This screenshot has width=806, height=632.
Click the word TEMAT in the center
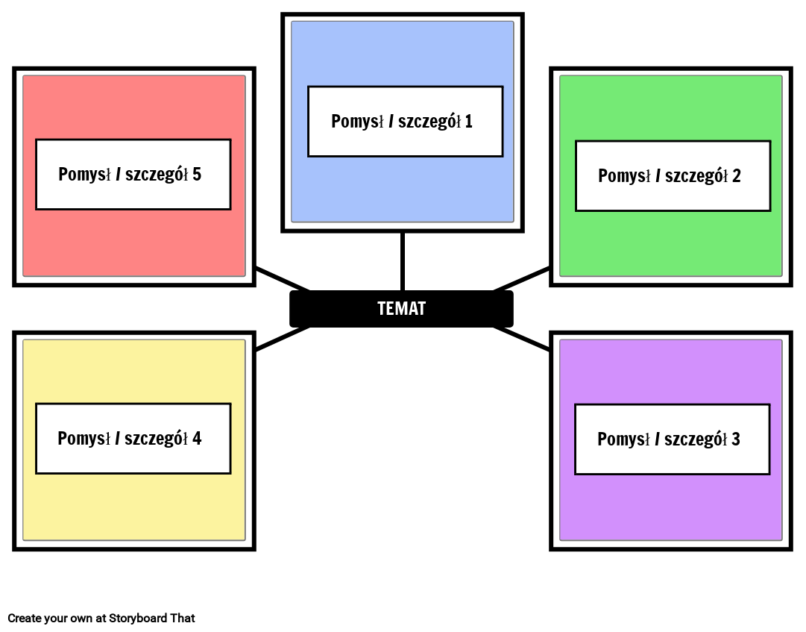(401, 309)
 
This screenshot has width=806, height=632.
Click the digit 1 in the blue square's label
(468, 122)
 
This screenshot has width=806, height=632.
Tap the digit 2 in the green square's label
(736, 176)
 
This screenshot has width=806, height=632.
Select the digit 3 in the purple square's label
(735, 439)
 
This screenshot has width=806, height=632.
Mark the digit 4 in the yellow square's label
(197, 439)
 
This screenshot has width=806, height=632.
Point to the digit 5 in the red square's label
(197, 175)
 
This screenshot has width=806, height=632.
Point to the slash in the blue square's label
(391, 122)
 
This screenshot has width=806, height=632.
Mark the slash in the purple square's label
(657, 439)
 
